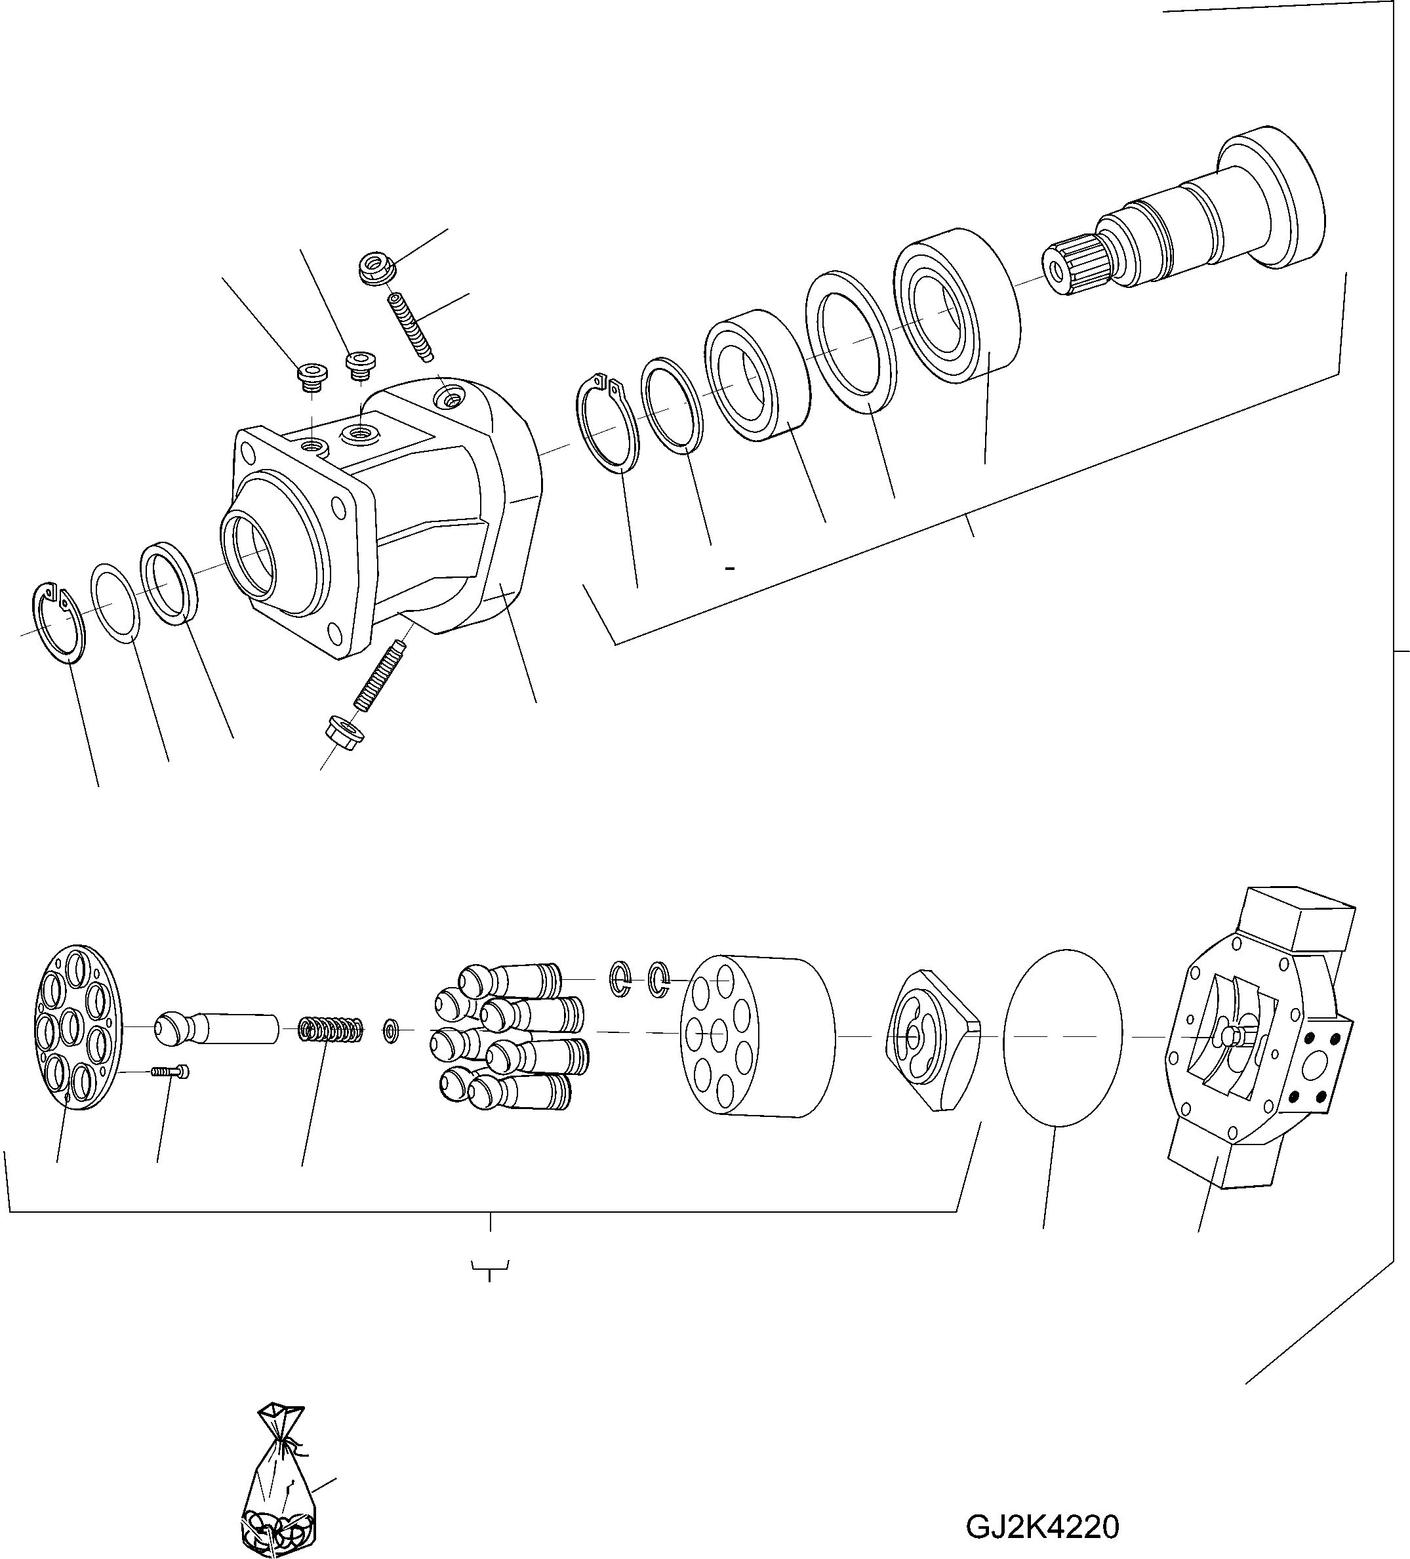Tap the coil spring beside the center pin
point(331,1031)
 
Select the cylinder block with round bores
point(758,1036)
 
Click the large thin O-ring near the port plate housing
point(1062,1037)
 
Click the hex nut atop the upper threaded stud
point(378,268)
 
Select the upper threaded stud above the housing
point(410,325)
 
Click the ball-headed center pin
point(216,1028)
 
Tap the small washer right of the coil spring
point(392,1031)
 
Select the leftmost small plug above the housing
point(312,376)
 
